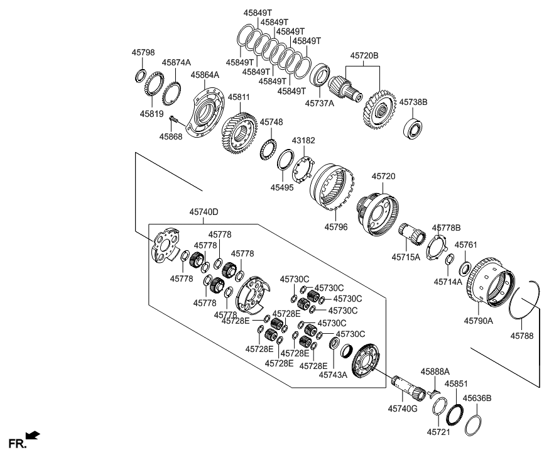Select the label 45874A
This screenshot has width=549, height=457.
(176, 62)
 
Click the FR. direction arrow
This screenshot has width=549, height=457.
(33, 434)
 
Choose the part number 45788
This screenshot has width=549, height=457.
(522, 336)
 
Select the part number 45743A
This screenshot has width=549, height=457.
(332, 375)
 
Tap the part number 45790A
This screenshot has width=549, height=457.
(479, 320)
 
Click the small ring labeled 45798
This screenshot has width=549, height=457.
(141, 76)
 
